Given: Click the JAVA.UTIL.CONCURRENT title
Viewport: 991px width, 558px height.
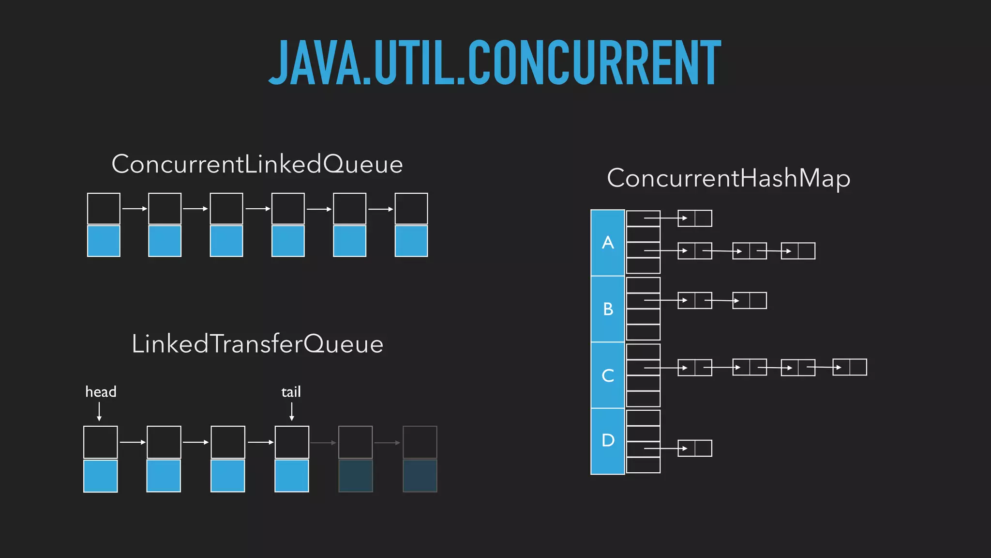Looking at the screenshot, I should coord(495,63).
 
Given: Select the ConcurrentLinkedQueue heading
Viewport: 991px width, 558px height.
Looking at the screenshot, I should coord(257,164).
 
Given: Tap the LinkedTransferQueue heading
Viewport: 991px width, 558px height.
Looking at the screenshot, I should coord(257,344).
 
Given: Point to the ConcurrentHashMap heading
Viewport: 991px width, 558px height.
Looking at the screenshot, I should coord(728,178).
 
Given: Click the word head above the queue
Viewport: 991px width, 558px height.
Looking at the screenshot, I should coord(101,391).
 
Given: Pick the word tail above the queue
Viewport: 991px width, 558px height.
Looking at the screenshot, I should coord(291,391).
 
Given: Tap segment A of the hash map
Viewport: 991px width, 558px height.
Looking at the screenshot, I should coord(608,243).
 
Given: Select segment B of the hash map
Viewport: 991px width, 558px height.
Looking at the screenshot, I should coord(608,309).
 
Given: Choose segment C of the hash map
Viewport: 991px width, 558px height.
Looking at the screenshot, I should coord(608,375).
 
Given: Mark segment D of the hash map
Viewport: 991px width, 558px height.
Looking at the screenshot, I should coord(608,441).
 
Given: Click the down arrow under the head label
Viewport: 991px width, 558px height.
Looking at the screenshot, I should coord(99,412).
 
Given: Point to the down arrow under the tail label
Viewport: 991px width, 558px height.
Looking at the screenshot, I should coord(292,412).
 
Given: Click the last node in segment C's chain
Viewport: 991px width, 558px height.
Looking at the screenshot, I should coord(849,367).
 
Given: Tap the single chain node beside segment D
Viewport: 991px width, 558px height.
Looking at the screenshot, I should coord(695,448).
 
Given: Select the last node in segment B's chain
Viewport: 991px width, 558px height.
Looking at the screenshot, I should coord(750,300).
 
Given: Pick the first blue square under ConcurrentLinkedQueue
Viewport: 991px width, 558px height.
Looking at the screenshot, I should coord(104,241).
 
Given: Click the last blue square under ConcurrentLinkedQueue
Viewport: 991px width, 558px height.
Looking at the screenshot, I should coord(411,241).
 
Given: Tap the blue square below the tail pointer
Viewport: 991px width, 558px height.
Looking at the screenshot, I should coord(292,476).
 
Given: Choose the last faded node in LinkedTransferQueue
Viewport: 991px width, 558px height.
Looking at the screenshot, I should coord(420,459).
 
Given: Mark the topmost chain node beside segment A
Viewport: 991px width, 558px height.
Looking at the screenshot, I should coord(695,218).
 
